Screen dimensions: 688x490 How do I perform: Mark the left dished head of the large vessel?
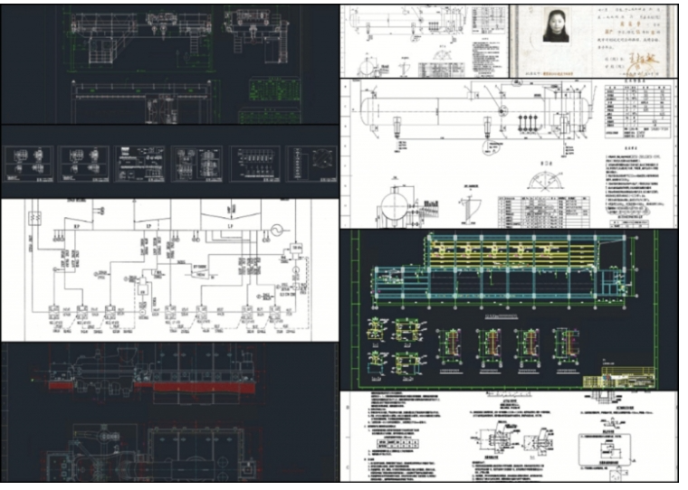click(364, 111)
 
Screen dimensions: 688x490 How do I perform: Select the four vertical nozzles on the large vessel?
click(526, 122)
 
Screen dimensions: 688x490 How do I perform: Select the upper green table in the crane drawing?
click(265, 90)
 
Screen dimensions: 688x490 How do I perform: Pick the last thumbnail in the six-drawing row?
click(311, 165)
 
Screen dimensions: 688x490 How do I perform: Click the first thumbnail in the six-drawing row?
click(29, 165)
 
